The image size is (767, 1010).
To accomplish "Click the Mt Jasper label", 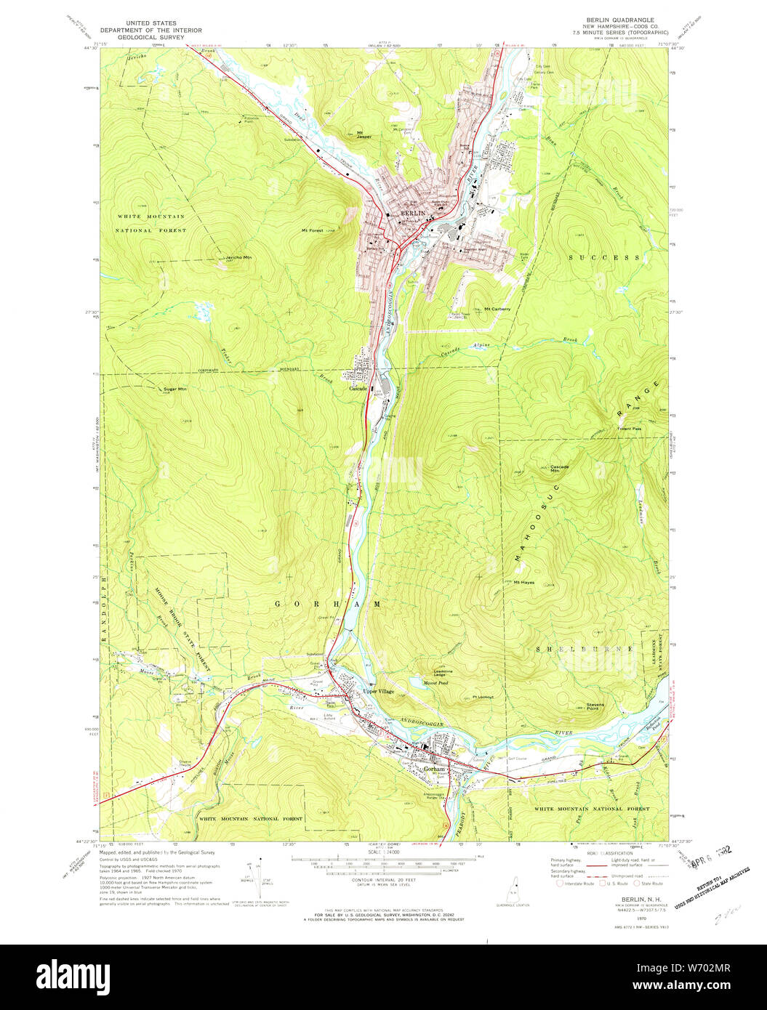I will (x=364, y=134).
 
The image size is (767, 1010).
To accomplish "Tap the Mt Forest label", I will (x=313, y=231).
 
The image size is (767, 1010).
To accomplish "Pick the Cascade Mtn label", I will (x=559, y=469).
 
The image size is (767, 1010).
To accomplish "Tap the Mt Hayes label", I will (x=524, y=582).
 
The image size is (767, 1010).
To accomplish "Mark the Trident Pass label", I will (x=630, y=429).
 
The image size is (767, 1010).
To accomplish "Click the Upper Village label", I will (x=378, y=691).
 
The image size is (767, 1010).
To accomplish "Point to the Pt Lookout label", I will (x=483, y=697).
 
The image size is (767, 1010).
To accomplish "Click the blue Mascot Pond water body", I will (x=418, y=682).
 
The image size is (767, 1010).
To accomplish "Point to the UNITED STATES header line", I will (x=150, y=23).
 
